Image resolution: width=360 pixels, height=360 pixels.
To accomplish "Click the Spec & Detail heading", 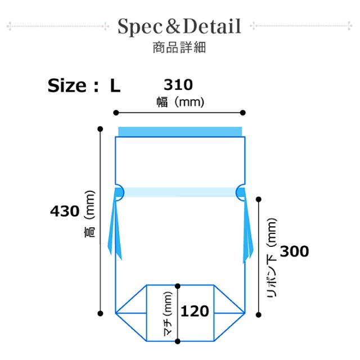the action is [x=179, y=26].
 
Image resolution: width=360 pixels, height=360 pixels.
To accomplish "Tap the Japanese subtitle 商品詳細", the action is [x=179, y=48].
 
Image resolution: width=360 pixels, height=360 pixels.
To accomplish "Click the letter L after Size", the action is [x=115, y=86].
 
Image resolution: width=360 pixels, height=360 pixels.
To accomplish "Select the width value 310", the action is [x=178, y=85].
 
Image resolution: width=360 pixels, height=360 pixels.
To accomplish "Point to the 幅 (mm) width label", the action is [x=180, y=102].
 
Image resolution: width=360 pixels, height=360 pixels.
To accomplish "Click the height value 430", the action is [x=65, y=211].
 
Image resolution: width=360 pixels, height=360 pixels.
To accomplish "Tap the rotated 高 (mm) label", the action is [x=89, y=214].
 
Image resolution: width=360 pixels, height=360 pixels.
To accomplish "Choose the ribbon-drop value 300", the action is [x=294, y=251].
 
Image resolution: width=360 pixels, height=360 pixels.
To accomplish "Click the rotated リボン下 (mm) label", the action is [x=272, y=258].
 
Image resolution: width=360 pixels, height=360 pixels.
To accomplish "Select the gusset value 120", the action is [x=195, y=311].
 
